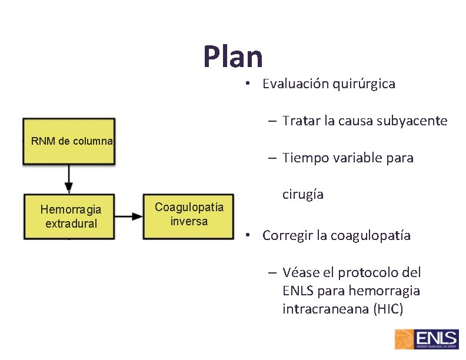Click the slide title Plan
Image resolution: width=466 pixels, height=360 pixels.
[x=233, y=58]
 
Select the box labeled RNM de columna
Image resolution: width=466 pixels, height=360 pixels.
[x=69, y=141]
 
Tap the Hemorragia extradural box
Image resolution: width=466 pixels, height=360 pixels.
[x=69, y=216]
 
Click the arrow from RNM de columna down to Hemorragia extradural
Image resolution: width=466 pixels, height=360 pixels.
[x=69, y=178]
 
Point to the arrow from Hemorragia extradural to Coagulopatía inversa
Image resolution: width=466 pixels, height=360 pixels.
[x=129, y=216]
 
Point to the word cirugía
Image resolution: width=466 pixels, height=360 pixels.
[x=303, y=194]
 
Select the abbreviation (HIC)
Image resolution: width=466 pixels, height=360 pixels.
[x=388, y=309]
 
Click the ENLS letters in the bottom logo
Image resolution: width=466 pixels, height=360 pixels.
[x=436, y=338]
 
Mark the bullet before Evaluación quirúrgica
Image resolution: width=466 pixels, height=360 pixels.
[x=250, y=84]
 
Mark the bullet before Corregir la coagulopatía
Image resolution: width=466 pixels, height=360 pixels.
[x=250, y=235]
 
